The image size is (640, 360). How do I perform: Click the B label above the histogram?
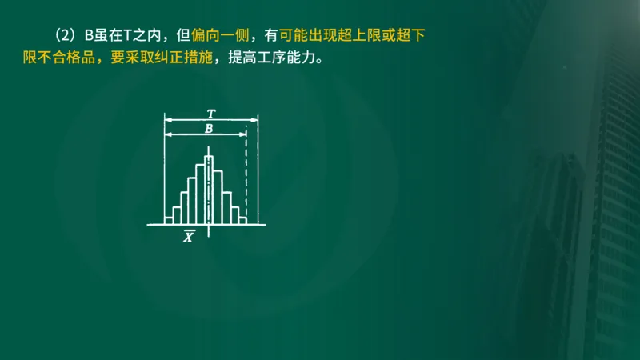(x=208, y=128)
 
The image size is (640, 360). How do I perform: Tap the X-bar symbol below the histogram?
(x=189, y=237)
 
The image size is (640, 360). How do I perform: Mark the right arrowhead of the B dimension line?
(x=244, y=134)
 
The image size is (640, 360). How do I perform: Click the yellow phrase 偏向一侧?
(x=218, y=35)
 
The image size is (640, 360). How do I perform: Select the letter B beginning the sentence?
(x=89, y=35)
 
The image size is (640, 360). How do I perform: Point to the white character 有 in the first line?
(x=270, y=35)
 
